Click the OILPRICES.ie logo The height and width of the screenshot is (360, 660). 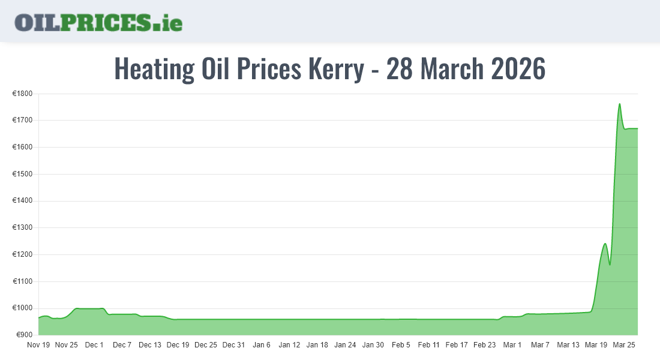click(x=98, y=22)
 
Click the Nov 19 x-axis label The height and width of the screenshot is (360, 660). click(x=38, y=345)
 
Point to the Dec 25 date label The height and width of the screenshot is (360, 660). click(x=206, y=345)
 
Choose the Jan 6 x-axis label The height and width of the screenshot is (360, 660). click(x=262, y=345)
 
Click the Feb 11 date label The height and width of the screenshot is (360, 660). click(x=429, y=345)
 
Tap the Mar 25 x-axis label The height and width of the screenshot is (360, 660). click(x=623, y=345)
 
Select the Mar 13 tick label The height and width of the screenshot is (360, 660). click(x=568, y=345)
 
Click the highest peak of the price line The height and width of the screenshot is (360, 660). click(x=619, y=104)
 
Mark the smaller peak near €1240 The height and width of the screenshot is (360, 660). click(x=605, y=244)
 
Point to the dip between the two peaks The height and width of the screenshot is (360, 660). click(x=610, y=264)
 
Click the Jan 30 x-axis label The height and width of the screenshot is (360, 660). click(x=373, y=345)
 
